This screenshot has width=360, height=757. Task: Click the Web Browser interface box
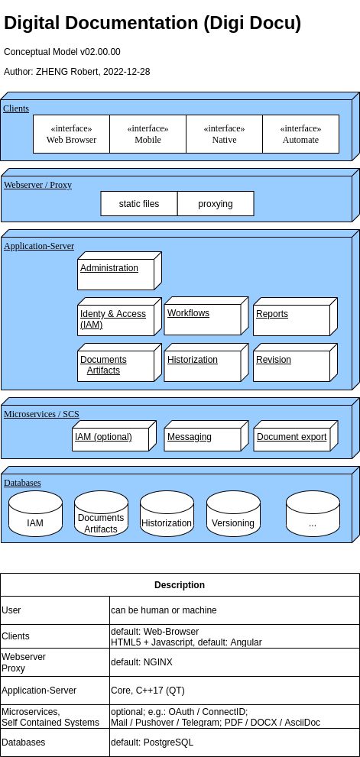click(x=71, y=134)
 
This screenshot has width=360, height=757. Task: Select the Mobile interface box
click(x=148, y=134)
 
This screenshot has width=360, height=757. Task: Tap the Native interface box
click(x=224, y=134)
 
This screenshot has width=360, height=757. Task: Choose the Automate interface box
click(x=300, y=134)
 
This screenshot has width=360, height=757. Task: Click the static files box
click(x=139, y=204)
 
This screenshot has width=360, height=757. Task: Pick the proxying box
click(x=216, y=204)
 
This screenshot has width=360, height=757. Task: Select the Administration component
click(x=116, y=273)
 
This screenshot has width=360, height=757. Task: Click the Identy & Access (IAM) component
click(x=116, y=319)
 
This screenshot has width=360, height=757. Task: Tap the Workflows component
click(x=203, y=319)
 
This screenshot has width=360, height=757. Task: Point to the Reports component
click(x=292, y=319)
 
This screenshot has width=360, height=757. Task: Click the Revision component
click(x=292, y=365)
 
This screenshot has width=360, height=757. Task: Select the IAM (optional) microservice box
click(x=111, y=438)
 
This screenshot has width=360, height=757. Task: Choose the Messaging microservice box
click(x=203, y=438)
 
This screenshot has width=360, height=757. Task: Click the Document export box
click(x=292, y=438)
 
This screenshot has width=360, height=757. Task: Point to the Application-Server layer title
click(x=39, y=246)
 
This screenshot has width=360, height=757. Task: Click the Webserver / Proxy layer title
click(x=37, y=185)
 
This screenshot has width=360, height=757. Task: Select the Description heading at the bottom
click(x=180, y=585)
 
